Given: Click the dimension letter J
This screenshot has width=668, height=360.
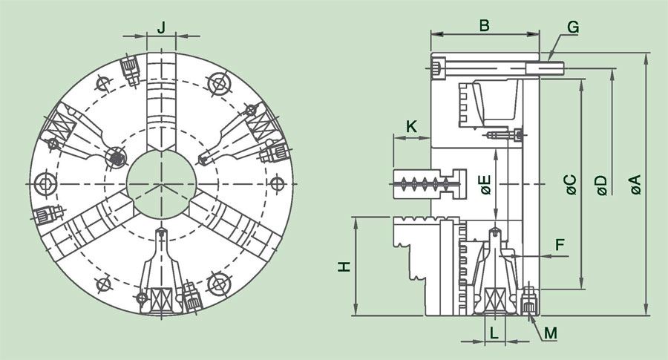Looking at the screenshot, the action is [161, 27].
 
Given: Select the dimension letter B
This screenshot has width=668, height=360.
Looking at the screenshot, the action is [484, 25].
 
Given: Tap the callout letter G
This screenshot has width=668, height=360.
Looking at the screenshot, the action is [573, 27].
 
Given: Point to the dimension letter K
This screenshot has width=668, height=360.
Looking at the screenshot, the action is [411, 127].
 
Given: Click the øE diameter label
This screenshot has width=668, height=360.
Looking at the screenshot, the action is [485, 185].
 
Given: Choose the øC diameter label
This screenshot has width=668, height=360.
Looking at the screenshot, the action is [572, 185].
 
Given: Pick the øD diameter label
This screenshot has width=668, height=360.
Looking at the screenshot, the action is [601, 185].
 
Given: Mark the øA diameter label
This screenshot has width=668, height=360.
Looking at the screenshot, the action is [635, 185].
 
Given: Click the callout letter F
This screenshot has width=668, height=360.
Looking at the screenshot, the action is [560, 245].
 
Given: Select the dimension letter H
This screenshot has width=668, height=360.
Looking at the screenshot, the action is [344, 266].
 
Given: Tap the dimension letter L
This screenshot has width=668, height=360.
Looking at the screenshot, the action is [494, 333].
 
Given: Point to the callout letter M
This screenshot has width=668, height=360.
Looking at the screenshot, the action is [551, 333].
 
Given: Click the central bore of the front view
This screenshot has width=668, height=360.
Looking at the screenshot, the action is [162, 184].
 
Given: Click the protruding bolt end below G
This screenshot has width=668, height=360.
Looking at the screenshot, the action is [545, 68].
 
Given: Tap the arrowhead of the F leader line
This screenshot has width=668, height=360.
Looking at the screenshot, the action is [514, 257].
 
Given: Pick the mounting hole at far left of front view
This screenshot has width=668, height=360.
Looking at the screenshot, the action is [45, 184].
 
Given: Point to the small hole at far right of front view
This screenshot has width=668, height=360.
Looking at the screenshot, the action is [278, 184].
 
